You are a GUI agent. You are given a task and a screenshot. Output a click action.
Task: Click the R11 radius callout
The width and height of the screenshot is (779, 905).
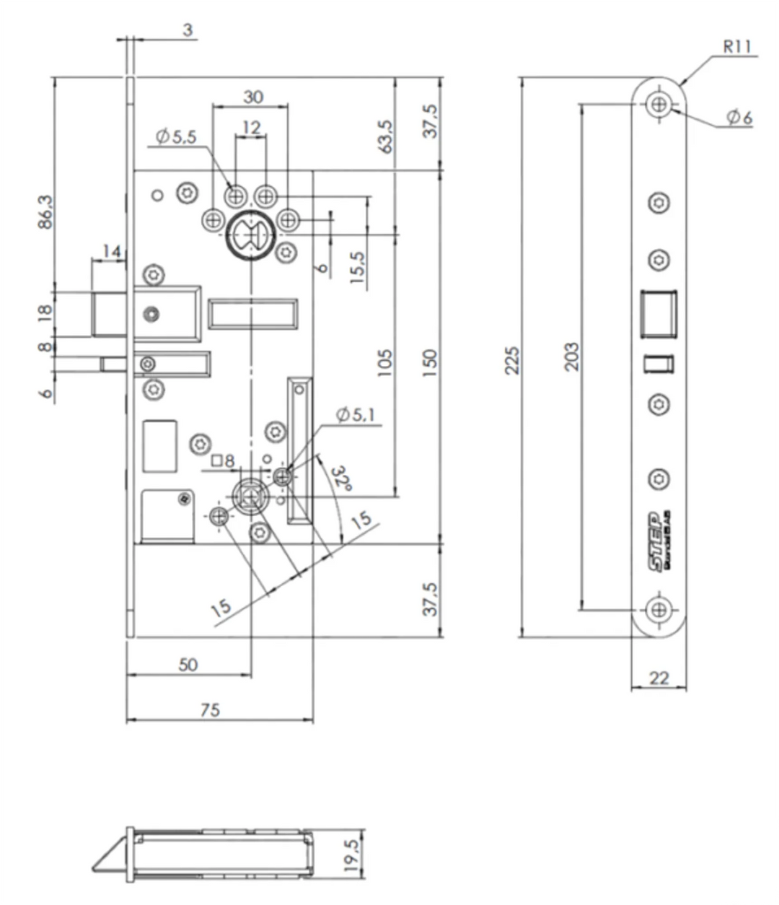[736, 48]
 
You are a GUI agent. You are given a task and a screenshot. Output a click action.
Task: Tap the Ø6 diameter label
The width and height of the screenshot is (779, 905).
[738, 118]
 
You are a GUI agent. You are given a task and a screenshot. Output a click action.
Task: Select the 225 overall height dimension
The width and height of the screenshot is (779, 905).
[512, 358]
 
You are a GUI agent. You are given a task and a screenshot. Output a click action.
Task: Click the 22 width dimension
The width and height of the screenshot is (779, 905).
[659, 678]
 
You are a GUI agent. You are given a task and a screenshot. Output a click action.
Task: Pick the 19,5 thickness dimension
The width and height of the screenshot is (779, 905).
[353, 856]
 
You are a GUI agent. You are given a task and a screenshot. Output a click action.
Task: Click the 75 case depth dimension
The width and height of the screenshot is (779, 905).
[210, 710]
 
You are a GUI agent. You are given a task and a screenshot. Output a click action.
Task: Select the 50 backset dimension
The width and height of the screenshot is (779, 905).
[188, 665]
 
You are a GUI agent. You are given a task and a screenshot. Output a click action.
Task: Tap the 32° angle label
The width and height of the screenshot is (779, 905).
[340, 478]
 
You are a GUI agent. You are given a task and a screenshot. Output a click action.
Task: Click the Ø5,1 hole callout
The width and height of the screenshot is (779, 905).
[359, 415]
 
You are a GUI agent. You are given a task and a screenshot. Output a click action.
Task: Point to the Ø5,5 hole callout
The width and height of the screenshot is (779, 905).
[175, 136]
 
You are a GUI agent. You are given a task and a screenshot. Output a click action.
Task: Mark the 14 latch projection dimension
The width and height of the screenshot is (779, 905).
[111, 251]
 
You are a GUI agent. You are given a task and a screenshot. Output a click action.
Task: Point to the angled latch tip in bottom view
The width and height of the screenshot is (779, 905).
[108, 855]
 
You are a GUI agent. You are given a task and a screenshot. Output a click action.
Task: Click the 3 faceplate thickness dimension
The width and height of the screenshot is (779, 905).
[187, 30]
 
